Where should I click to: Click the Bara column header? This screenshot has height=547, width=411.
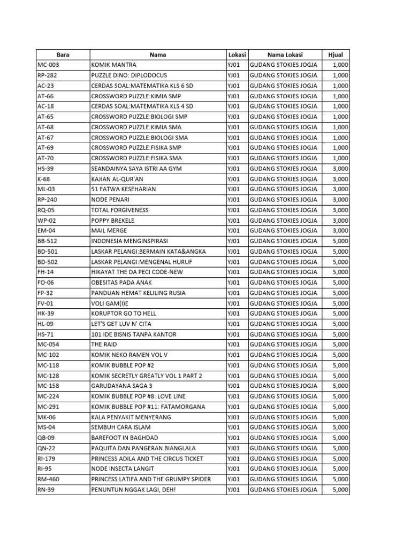click(x=63, y=54)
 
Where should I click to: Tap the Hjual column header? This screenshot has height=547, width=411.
click(x=336, y=54)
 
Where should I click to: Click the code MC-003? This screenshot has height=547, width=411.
click(x=49, y=65)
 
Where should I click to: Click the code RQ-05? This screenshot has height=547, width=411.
click(x=47, y=210)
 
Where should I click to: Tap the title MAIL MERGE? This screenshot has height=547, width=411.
click(x=109, y=231)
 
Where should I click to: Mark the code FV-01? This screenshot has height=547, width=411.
click(x=46, y=303)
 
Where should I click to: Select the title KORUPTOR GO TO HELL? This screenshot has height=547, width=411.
click(x=124, y=314)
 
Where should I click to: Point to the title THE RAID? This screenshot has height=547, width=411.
click(x=104, y=345)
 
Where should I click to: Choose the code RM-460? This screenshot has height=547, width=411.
click(x=50, y=479)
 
